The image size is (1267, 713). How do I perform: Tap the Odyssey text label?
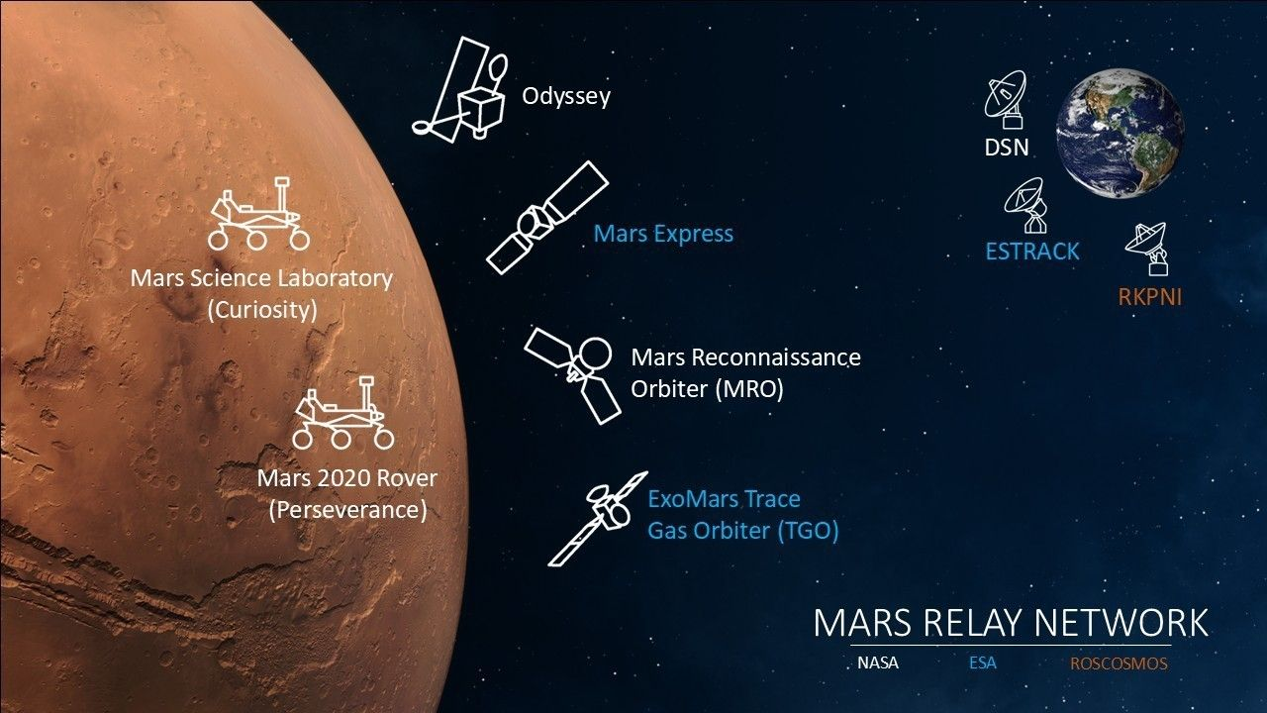[x=566, y=96]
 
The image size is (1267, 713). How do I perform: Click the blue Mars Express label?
[x=663, y=233]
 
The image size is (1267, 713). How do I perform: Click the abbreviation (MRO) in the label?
[x=749, y=389]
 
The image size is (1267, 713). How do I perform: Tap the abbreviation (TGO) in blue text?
[x=808, y=530]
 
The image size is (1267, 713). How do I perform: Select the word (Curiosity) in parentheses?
[x=262, y=310]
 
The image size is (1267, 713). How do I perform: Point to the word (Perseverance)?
[x=347, y=510]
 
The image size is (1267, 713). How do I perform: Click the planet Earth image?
[x=1120, y=134]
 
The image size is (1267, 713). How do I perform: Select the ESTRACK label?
[x=1032, y=252]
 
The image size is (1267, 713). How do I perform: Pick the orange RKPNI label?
[x=1150, y=297]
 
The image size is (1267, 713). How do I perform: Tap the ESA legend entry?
[x=983, y=662]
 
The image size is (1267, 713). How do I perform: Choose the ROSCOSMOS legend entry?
[x=1119, y=663]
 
